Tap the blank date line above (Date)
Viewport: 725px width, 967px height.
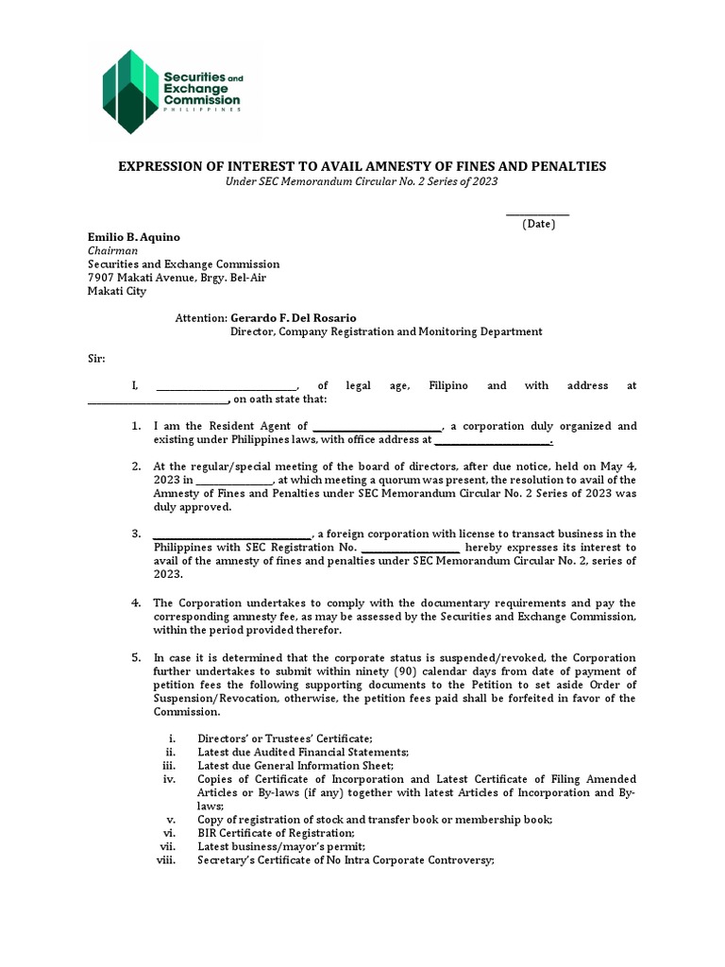[x=538, y=213]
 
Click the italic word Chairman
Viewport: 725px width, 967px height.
[x=113, y=251]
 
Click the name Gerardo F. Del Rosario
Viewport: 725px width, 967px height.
[x=295, y=318]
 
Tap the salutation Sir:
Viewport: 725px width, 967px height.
[x=97, y=359]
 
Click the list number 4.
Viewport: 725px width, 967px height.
[x=136, y=602]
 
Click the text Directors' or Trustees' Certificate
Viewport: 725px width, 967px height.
[x=284, y=738]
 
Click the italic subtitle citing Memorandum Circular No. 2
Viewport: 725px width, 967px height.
[x=362, y=181]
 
